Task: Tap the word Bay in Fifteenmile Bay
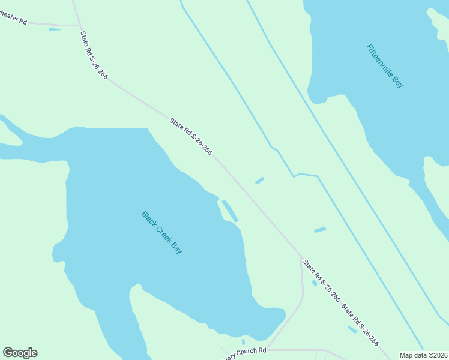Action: coord(398,82)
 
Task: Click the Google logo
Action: coord(20,353)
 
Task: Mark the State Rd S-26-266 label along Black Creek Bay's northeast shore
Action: coord(190,137)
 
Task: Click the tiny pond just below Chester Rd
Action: coord(55,29)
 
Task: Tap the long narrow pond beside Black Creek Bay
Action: coord(230,211)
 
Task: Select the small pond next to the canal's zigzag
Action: coord(259,180)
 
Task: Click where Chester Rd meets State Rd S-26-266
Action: coord(80,26)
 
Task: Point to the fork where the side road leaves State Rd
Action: coord(301,257)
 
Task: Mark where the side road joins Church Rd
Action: coord(267,349)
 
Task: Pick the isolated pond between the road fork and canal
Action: coord(320,230)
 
